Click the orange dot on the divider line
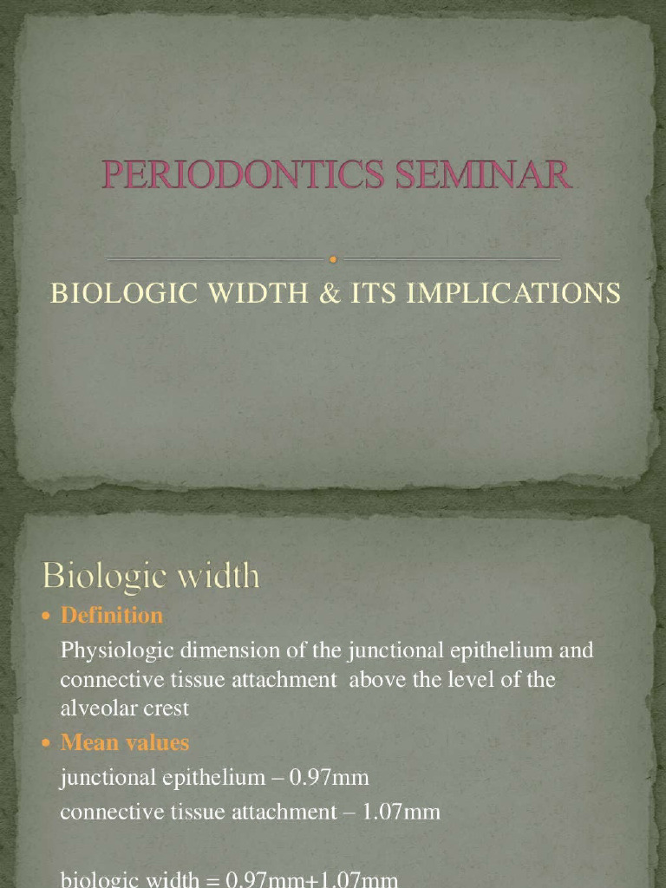(333, 258)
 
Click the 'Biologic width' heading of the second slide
(152, 576)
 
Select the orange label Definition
(112, 616)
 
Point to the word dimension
(222, 650)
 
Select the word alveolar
(95, 708)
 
